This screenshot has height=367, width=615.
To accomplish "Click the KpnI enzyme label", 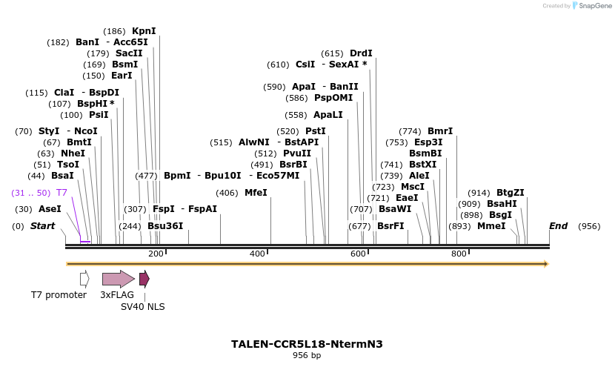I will [144, 31].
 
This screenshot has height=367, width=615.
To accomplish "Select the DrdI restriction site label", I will [361, 53].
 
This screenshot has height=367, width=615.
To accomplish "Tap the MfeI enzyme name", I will [256, 193].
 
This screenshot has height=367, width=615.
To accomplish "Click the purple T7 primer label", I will [62, 193].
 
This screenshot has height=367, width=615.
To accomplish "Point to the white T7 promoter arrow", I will [84, 279].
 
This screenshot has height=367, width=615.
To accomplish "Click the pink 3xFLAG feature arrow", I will [118, 279].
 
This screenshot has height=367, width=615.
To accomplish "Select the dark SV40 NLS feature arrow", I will [144, 279].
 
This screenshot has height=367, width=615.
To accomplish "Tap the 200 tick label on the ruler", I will [156, 254].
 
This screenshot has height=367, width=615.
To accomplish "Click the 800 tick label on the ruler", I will [458, 254].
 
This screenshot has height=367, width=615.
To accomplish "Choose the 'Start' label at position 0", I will [42, 225].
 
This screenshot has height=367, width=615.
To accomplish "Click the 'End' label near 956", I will [558, 225].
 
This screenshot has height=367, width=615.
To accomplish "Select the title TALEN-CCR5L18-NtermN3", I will [307, 344].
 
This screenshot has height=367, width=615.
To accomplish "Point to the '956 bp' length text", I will [307, 356].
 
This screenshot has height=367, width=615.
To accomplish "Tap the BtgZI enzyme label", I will [511, 192].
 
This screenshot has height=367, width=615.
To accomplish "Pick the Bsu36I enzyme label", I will [165, 225].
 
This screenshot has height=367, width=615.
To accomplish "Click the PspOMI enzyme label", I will [333, 98].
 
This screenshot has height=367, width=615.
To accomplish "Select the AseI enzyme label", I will [50, 209].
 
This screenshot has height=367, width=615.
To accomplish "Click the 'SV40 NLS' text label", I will [143, 306].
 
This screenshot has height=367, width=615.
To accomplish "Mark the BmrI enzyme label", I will [440, 131].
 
